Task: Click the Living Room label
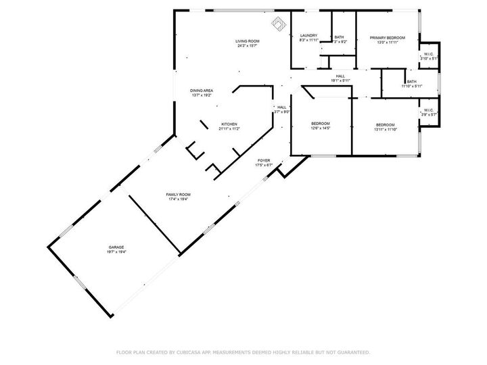(248, 41)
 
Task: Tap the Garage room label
(116, 247)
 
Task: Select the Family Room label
(179, 195)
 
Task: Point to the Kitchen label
(229, 124)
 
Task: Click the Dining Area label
(202, 91)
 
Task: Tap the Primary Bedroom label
(388, 38)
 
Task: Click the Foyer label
(263, 161)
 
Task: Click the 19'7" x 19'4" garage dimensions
(116, 252)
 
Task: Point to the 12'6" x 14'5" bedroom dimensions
(320, 128)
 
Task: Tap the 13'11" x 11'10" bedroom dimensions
(385, 129)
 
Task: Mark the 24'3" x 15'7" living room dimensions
(248, 46)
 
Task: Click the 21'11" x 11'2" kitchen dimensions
(229, 129)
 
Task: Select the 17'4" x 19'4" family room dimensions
(179, 199)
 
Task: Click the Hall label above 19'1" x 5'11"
(340, 76)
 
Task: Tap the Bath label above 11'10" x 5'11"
(411, 82)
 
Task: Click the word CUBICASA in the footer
(187, 352)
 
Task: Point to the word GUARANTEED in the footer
(350, 352)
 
